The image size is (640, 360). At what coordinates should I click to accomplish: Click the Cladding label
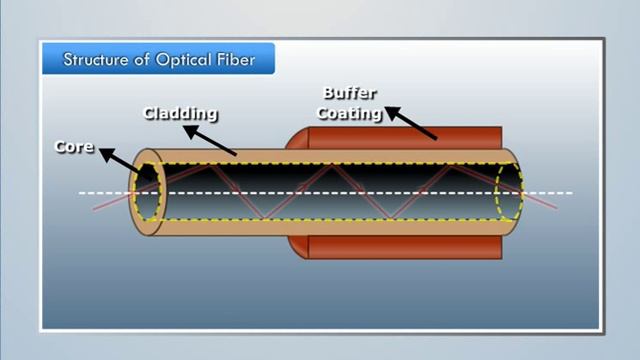click(180, 113)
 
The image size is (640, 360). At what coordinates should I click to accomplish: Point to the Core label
click(74, 147)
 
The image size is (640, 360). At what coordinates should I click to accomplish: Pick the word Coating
click(349, 113)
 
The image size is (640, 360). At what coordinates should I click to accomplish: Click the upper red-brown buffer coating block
click(400, 140)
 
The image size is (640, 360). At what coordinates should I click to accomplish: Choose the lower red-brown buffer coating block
click(400, 245)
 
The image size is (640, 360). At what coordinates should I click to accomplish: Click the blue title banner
click(160, 59)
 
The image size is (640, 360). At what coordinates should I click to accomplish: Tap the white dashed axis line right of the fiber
click(555, 192)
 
